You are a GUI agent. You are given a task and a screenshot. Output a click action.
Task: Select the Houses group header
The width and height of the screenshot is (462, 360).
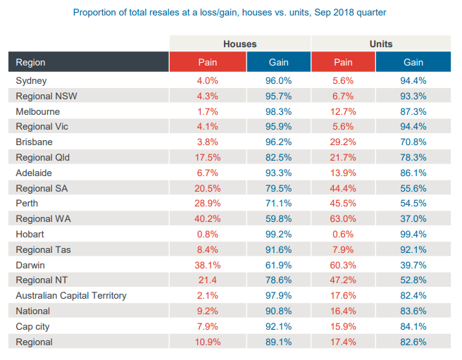pos(240,44)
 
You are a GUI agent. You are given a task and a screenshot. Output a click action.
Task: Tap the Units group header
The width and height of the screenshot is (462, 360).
pos(381,44)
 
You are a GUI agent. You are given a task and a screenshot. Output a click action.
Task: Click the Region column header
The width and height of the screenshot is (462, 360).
pos(32,62)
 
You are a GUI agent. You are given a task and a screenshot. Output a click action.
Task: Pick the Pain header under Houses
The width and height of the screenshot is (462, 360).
pos(208,62)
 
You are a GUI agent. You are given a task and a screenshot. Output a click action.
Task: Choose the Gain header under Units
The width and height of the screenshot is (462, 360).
pos(413,62)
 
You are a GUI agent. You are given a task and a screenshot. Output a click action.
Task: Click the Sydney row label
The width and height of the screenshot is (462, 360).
pos(31,81)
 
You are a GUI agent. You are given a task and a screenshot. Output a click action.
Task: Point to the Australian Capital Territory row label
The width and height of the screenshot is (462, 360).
pos(71,295)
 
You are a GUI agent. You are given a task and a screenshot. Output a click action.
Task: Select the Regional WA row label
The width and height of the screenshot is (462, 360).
pos(43,218)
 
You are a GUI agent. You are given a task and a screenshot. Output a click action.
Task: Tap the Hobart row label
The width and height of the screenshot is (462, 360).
pos(30,234)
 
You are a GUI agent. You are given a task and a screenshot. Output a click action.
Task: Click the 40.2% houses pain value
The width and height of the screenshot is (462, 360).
pos(208,218)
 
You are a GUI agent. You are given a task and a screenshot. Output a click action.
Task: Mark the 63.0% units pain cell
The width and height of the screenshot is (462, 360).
pos(343,218)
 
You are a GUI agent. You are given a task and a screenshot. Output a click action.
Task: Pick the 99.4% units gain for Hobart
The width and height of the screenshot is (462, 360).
pos(413,234)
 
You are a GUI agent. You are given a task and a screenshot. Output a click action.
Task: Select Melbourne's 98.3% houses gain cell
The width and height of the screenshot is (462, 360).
pos(278,111)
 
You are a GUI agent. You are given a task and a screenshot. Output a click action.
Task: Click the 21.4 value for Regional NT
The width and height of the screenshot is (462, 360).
pos(208,280)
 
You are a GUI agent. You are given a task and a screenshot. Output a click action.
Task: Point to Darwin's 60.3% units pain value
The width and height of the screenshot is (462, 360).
pos(343,265)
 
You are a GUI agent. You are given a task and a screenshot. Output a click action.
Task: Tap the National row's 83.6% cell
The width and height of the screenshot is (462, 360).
pos(413,311)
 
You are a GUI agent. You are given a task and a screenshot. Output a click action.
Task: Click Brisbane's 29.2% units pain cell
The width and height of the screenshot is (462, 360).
pos(343,142)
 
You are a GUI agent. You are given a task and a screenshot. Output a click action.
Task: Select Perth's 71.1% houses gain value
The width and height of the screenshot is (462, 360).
pos(278,203)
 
